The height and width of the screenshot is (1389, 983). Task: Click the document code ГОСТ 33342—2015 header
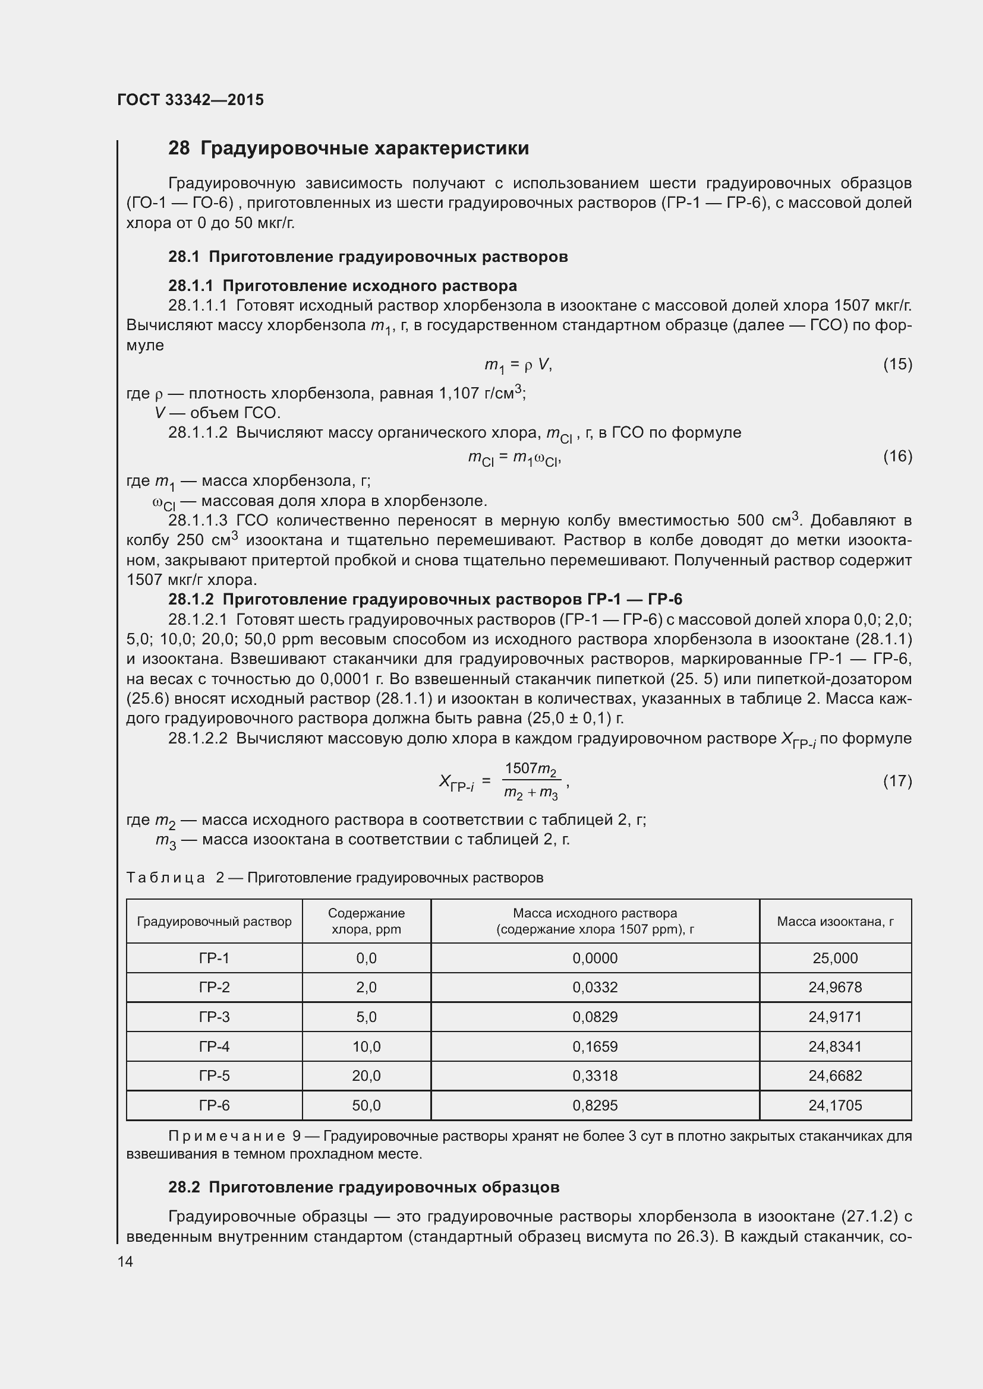[x=190, y=100]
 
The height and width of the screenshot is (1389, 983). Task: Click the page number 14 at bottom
[x=125, y=1261]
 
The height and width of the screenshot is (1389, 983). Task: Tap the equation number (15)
[x=897, y=364]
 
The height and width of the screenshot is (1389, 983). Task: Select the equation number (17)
[x=897, y=781]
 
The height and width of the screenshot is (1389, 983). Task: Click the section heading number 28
[x=178, y=148]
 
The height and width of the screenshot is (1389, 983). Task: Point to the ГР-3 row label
[x=215, y=1017]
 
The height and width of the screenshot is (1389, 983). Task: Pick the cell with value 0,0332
[x=594, y=988]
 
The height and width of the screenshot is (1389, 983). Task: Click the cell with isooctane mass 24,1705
[x=834, y=1105]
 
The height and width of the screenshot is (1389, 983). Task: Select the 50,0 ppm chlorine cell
[x=366, y=1105]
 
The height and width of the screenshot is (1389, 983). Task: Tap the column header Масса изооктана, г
[x=834, y=922]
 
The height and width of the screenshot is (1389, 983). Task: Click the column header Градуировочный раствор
[x=215, y=922]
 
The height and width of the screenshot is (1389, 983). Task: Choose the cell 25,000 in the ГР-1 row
[x=834, y=958]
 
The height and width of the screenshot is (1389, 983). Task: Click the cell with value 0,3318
[x=594, y=1075]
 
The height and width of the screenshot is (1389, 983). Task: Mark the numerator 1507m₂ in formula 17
[x=530, y=769]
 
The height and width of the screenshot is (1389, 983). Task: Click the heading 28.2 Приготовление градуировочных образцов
[x=363, y=1187]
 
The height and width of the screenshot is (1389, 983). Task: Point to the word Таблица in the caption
[x=165, y=877]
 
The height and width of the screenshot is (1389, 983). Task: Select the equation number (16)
[x=897, y=456]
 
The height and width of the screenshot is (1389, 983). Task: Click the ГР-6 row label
[x=215, y=1105]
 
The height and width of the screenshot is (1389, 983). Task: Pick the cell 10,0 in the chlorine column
[x=366, y=1046]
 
